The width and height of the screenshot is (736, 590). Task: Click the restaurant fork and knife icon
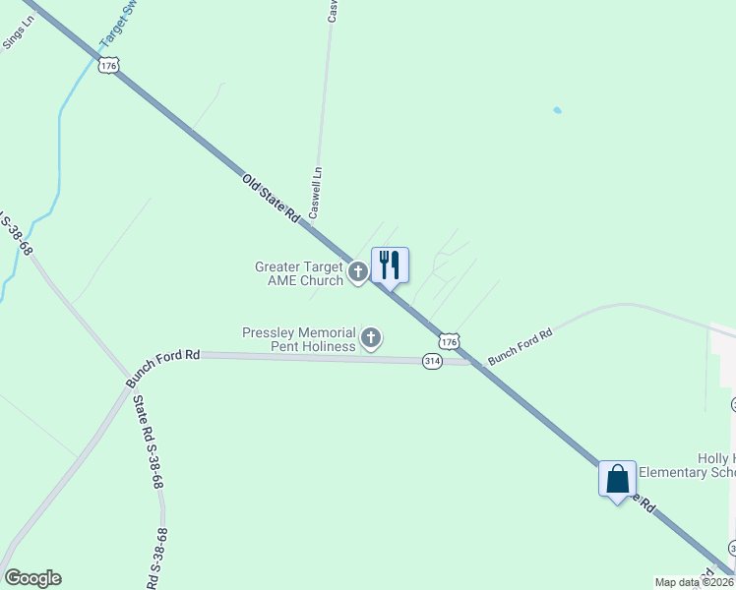click(x=390, y=265)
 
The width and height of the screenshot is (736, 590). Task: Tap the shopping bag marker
click(x=617, y=479)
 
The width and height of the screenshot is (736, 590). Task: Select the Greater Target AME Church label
click(x=299, y=273)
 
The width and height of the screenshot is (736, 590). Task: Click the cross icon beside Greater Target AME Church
click(x=357, y=269)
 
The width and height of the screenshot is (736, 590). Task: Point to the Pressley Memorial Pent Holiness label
click(x=299, y=339)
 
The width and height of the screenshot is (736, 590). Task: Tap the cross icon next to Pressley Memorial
click(x=372, y=339)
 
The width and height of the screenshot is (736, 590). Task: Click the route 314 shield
click(x=432, y=361)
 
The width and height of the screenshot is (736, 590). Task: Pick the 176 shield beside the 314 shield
click(x=449, y=341)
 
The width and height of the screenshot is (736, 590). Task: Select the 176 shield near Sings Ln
click(x=108, y=65)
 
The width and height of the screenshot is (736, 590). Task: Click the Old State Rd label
click(x=271, y=200)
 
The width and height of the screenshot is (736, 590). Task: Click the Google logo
click(x=32, y=578)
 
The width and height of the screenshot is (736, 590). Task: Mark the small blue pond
click(x=558, y=109)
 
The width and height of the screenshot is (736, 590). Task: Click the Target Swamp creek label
click(x=116, y=25)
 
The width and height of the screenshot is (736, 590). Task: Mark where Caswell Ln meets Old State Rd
click(x=312, y=226)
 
